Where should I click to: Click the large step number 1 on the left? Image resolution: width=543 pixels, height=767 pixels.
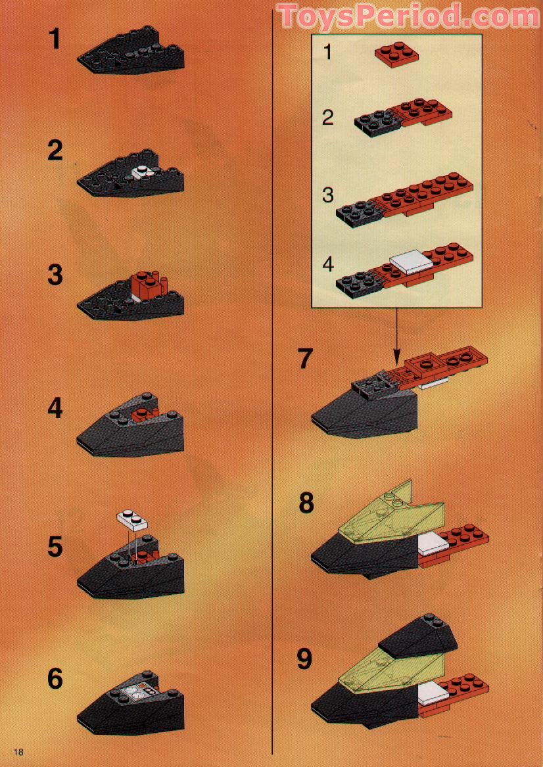pos(55,39)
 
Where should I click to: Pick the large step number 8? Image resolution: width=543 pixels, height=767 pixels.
pos(306,503)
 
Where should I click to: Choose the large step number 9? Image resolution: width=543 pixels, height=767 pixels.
pos(304,659)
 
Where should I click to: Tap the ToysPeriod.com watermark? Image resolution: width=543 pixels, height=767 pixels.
pos(408,16)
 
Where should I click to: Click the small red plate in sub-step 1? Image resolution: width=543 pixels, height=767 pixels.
pos(393,57)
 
